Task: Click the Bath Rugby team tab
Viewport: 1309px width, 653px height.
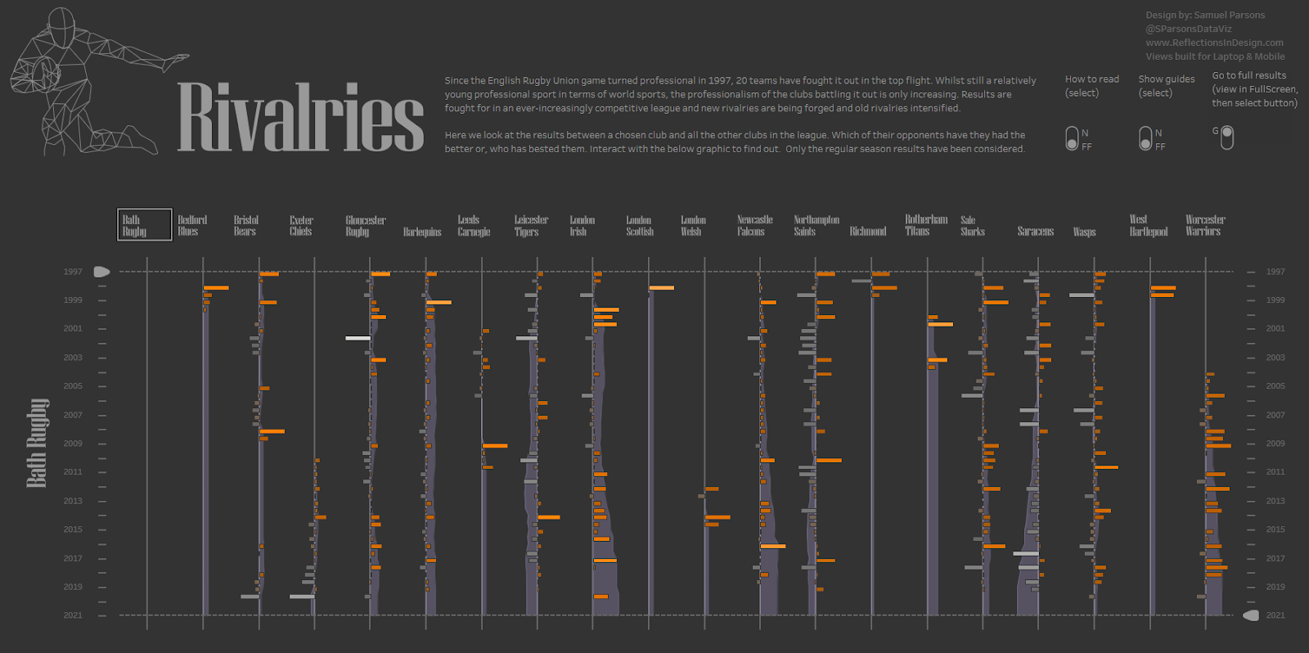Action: (144, 225)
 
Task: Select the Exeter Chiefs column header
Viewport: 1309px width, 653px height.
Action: (301, 226)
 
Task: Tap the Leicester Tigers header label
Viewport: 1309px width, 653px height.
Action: (531, 226)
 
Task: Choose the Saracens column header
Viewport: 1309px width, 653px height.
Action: (1035, 232)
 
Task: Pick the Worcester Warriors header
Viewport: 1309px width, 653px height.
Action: (1205, 226)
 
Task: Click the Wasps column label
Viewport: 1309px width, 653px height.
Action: (1084, 232)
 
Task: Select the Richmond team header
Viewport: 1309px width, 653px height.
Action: (867, 232)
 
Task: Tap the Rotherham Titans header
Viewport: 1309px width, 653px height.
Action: (925, 226)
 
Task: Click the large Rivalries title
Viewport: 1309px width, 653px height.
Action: (300, 117)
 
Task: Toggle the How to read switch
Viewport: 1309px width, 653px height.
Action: (1072, 139)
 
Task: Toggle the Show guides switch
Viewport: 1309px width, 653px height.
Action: (1145, 139)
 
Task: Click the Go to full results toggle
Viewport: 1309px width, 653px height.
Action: (1226, 137)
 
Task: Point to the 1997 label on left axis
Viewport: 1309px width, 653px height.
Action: (73, 272)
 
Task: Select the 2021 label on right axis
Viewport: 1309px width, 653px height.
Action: (1275, 615)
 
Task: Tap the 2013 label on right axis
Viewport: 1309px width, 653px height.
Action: (1275, 501)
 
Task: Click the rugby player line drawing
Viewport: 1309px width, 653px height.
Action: (82, 82)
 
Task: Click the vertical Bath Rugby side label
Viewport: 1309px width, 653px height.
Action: (37, 443)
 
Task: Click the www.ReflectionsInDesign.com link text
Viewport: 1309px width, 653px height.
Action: (1214, 43)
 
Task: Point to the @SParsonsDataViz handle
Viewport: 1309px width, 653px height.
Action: (1189, 29)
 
